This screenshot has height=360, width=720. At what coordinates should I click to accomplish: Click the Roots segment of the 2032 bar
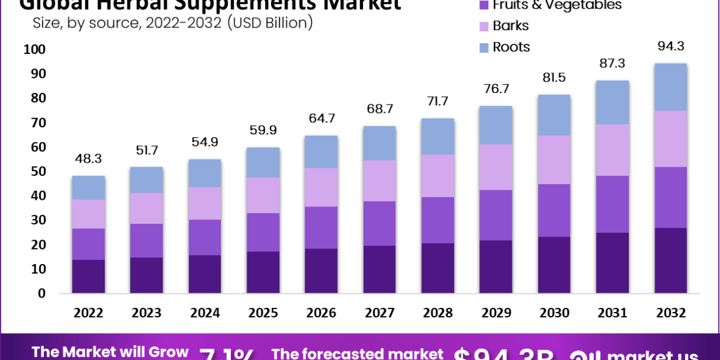671,87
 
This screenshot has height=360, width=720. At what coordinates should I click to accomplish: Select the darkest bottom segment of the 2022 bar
89,276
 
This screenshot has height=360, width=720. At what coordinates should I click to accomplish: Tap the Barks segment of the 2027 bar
380,181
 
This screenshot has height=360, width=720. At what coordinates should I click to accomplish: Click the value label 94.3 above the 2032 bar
671,47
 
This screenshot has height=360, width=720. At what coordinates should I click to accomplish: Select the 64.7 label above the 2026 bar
322,119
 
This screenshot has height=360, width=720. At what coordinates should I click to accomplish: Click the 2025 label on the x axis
263,313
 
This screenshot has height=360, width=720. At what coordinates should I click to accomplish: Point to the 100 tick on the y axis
34,50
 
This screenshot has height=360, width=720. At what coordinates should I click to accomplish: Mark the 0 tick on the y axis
41,293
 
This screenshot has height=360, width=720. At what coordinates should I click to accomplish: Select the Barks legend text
511,26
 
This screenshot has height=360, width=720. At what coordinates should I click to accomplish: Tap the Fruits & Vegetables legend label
557,5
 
